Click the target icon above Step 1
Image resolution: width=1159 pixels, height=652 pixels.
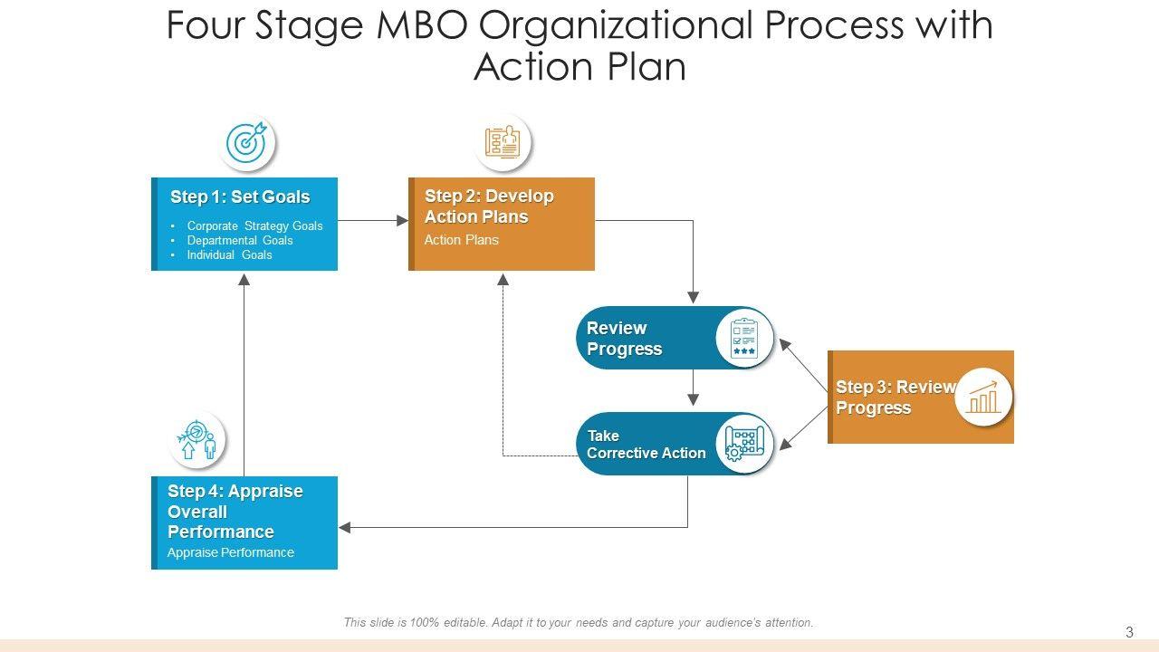pyautogui.click(x=247, y=143)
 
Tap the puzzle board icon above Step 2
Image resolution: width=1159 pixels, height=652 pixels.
pyautogui.click(x=503, y=141)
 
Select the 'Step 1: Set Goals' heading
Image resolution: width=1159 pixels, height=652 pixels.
pyautogui.click(x=240, y=197)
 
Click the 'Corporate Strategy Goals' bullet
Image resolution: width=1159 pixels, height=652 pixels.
pyautogui.click(x=254, y=226)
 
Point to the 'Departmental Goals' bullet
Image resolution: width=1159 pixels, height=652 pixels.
pyautogui.click(x=240, y=241)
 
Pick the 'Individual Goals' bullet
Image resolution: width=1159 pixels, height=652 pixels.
pyautogui.click(x=229, y=255)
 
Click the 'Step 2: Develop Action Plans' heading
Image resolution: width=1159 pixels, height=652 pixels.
pyautogui.click(x=489, y=206)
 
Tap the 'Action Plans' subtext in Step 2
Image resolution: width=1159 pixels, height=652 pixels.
pyautogui.click(x=462, y=240)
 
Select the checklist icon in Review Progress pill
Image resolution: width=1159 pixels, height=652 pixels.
pyautogui.click(x=744, y=339)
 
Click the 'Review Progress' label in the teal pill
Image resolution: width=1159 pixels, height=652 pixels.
pyautogui.click(x=624, y=339)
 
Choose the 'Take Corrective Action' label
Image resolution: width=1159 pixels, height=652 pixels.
pyautogui.click(x=646, y=445)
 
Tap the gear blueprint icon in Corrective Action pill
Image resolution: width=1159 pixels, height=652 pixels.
pyautogui.click(x=744, y=444)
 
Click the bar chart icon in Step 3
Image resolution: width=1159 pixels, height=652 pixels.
pyautogui.click(x=983, y=397)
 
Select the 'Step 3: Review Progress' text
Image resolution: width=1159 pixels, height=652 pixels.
pyautogui.click(x=895, y=398)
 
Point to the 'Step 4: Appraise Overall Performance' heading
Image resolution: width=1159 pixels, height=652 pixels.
pyautogui.click(x=235, y=512)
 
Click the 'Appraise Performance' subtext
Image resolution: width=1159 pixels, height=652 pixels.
pyautogui.click(x=231, y=552)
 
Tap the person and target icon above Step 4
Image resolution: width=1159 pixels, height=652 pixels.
pyautogui.click(x=197, y=441)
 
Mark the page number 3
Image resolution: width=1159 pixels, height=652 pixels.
pyautogui.click(x=1129, y=632)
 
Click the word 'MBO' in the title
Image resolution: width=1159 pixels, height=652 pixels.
pyautogui.click(x=419, y=25)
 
